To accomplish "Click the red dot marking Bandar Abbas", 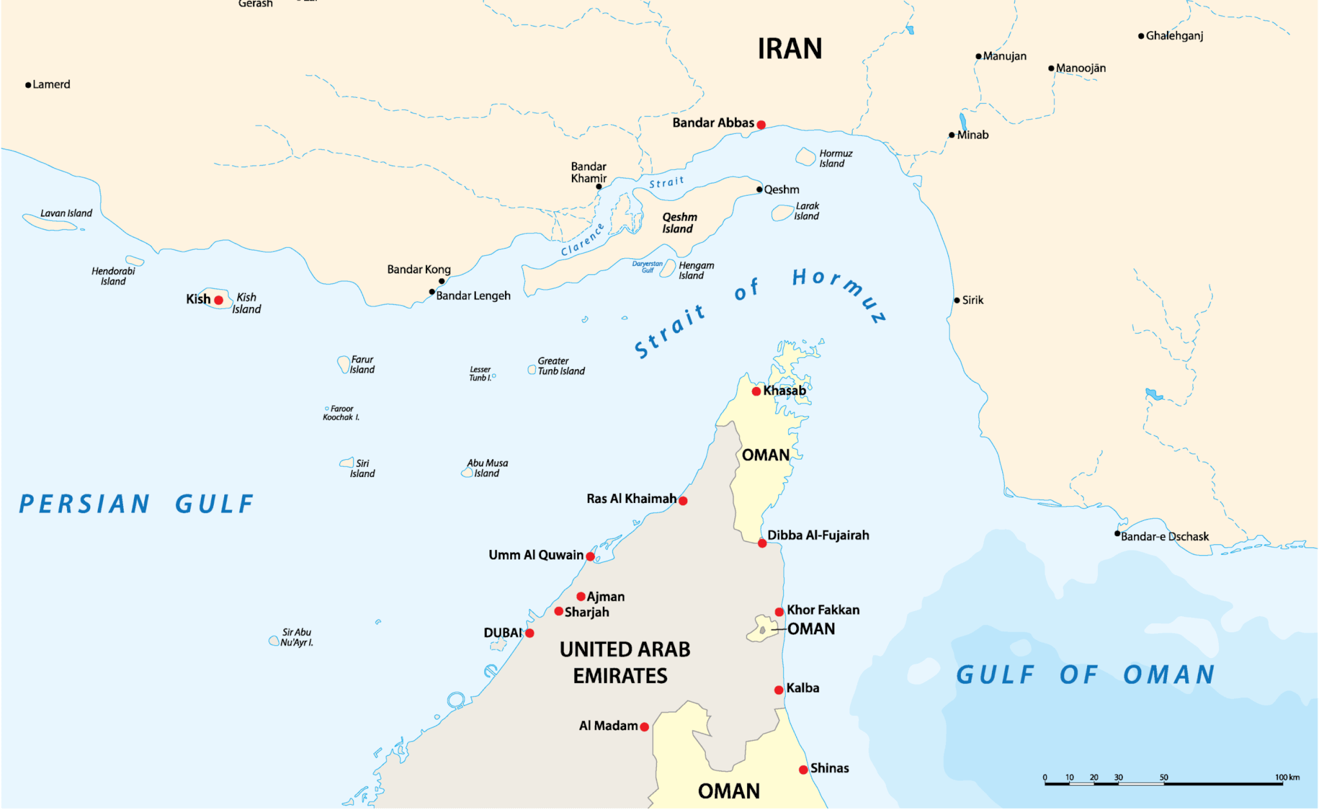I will tap(761, 125).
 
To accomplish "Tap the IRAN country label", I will tap(790, 49).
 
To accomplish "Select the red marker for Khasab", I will tap(756, 391).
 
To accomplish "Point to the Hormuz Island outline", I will tap(805, 156).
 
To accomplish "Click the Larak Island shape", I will tap(782, 212).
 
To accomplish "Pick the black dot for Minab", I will tap(951, 135).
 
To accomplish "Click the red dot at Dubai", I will tap(529, 634).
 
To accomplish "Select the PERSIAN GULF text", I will tap(137, 504).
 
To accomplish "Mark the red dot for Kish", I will tap(218, 300).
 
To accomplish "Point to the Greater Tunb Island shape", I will tap(531, 370).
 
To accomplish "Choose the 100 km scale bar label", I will tap(1287, 777).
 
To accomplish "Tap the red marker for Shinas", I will tap(803, 770).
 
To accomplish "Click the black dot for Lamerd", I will tap(28, 85).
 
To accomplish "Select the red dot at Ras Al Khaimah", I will tap(683, 501).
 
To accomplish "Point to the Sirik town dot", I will tap(956, 301).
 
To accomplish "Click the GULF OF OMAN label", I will tap(1085, 675).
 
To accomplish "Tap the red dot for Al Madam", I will tap(644, 727).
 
